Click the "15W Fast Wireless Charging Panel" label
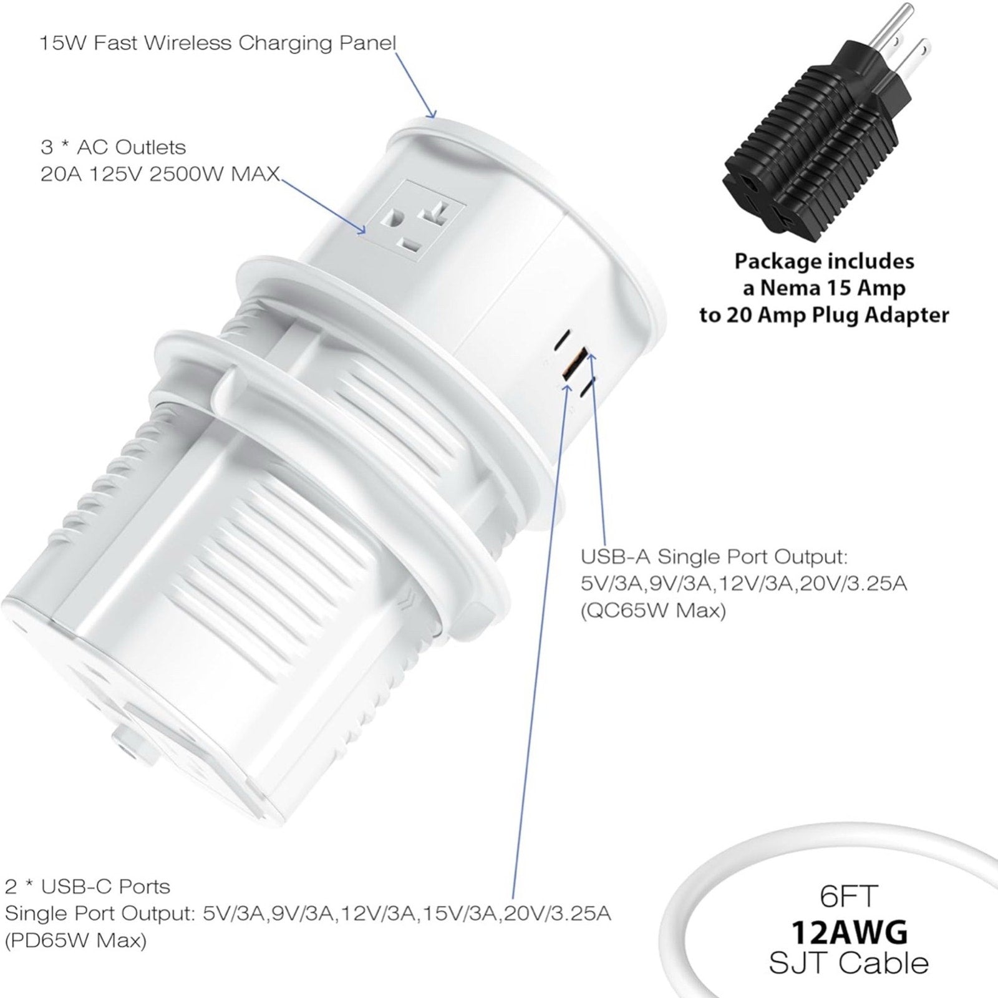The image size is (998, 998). pos(218,43)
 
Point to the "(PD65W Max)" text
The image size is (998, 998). pos(75,940)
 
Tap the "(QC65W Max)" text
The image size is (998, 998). pos(653,611)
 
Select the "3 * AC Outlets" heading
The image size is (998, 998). pos(113,147)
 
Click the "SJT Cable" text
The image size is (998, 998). pos(848,962)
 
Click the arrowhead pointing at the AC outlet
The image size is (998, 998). pos(360,230)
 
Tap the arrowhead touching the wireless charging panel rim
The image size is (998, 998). pos(430,112)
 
